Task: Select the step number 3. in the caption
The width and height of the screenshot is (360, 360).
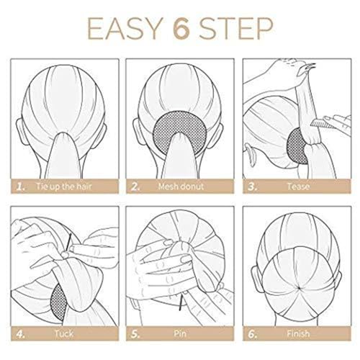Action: point(253,186)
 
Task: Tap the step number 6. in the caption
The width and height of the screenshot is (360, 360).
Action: point(253,333)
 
